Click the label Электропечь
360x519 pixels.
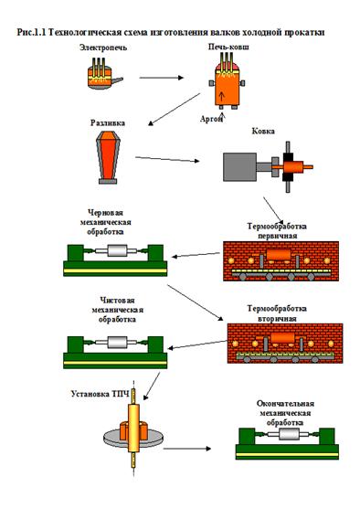[x=103, y=48]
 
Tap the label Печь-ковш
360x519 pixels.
[x=228, y=47]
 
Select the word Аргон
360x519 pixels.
[x=211, y=119]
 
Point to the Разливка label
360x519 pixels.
[x=108, y=123]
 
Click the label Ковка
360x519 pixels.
[x=263, y=131]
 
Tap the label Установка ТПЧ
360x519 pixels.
[x=100, y=394]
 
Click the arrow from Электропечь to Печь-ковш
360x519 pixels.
[x=161, y=78]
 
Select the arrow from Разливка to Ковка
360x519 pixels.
[x=167, y=159]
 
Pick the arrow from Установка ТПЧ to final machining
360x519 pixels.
[x=187, y=449]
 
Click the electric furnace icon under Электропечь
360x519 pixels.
[x=103, y=75]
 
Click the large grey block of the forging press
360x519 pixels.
[x=240, y=167]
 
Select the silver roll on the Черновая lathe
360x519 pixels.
[x=117, y=250]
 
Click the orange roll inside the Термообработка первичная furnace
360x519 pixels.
[x=279, y=255]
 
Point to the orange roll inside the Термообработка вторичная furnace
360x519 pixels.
[x=282, y=338]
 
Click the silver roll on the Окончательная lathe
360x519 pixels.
[x=289, y=434]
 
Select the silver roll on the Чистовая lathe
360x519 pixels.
[x=117, y=343]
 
